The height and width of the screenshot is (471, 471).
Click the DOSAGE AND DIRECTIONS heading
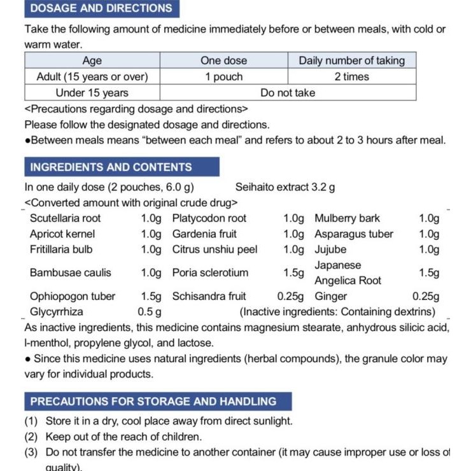pos(101,8)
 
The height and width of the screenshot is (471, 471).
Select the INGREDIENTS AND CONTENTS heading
pos(111,167)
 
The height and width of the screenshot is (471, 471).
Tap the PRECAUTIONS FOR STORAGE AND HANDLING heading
pos(153,402)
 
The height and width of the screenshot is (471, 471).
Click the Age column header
pos(92,60)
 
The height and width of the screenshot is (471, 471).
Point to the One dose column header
pos(223,60)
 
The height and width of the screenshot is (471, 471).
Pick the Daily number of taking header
pos(352,60)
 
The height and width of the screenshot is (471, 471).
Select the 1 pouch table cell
pos(223,76)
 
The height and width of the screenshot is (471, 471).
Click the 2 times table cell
pos(352,76)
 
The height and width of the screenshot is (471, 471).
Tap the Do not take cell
pos(288,92)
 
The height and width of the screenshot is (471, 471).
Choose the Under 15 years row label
pos(92,92)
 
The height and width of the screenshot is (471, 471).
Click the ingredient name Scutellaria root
pos(66,218)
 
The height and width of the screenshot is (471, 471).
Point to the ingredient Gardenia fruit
pos(204,234)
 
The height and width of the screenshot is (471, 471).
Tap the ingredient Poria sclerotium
pos(210,272)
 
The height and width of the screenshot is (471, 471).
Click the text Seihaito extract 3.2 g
pos(285,187)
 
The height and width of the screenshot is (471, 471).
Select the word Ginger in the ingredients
pos(331,296)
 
